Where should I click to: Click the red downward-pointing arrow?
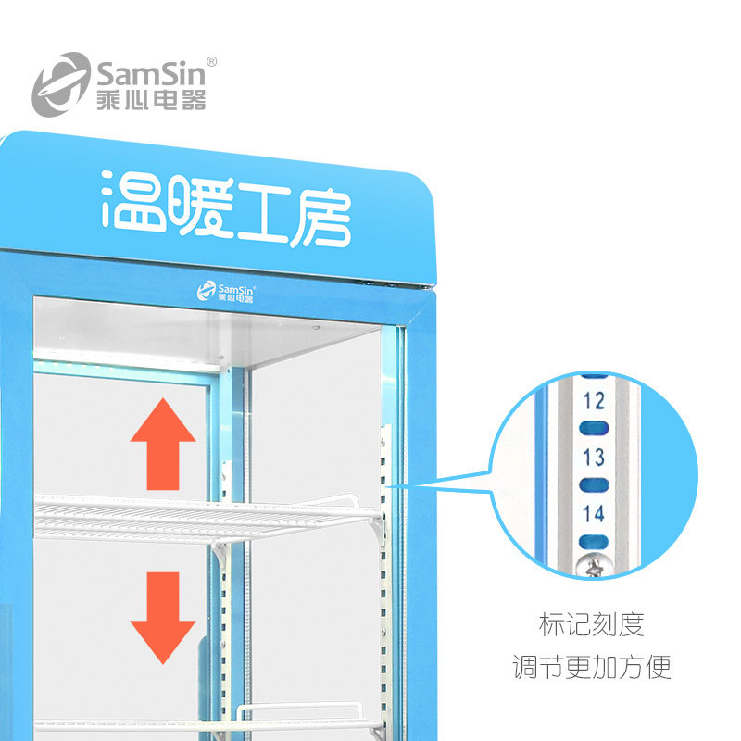[x=163, y=617]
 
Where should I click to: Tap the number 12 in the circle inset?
[x=594, y=401]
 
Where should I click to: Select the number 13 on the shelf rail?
[x=594, y=457]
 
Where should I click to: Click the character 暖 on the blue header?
[x=195, y=207]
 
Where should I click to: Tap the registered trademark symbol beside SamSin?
[x=212, y=61]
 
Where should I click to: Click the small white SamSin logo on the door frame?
[x=226, y=292]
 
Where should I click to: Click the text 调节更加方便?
[x=591, y=667]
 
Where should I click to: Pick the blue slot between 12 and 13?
[x=594, y=429]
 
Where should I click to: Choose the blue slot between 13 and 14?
[x=594, y=484]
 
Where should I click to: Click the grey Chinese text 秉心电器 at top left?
[x=150, y=99]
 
